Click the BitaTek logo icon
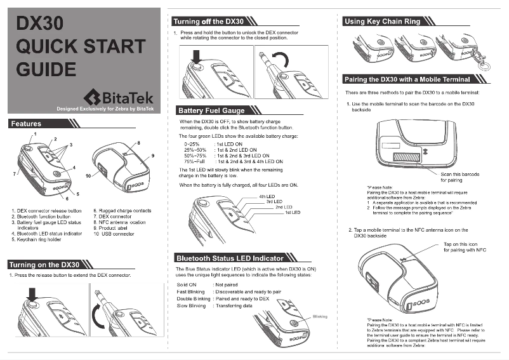(x=93, y=97)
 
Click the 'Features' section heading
(x=26, y=124)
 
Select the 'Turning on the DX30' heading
(x=44, y=264)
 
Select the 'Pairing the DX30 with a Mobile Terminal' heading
(x=407, y=79)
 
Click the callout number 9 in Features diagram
(x=152, y=156)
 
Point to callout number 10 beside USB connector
(x=88, y=174)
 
